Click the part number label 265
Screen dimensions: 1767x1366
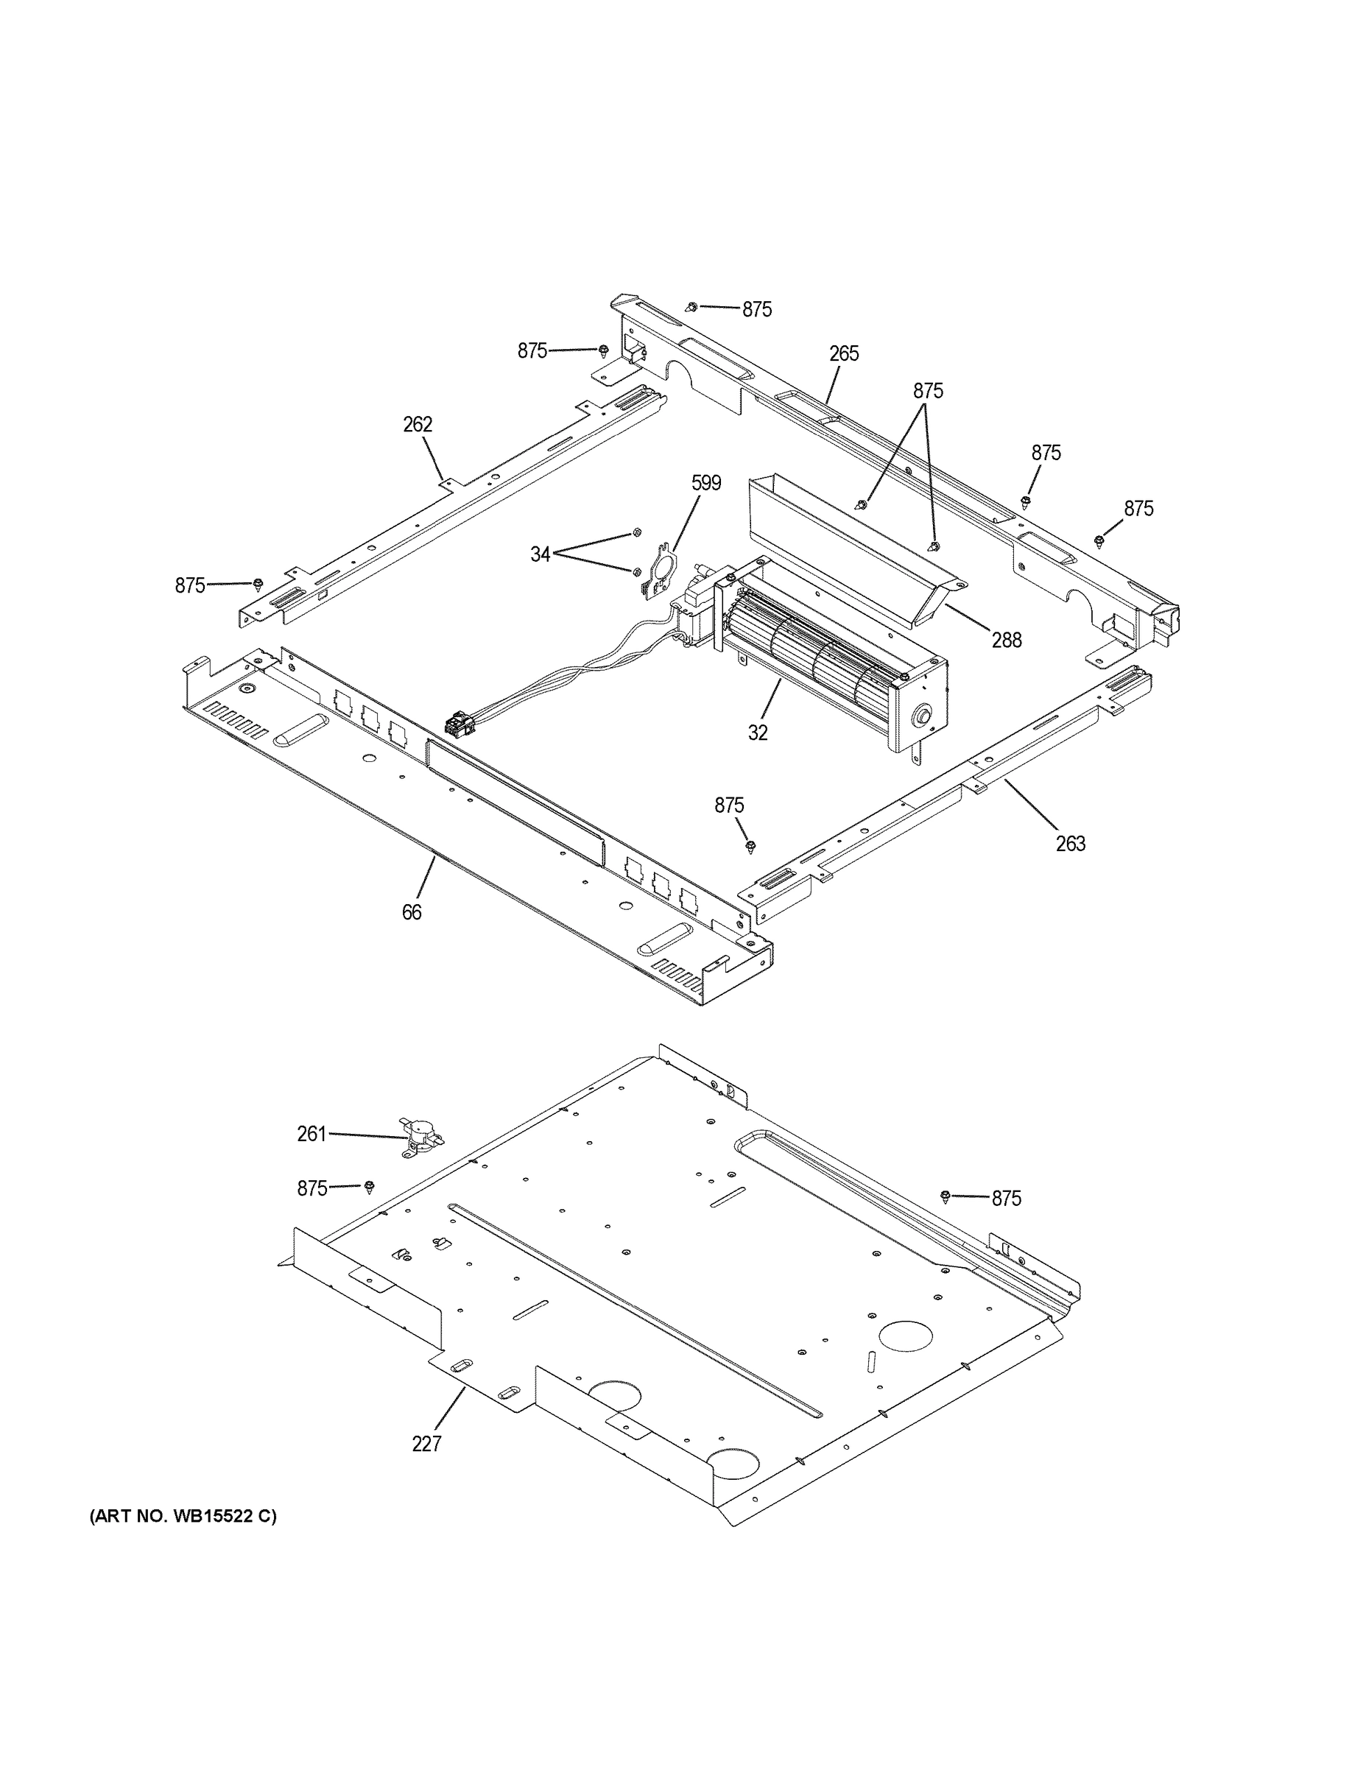(843, 353)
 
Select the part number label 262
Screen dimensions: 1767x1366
(418, 424)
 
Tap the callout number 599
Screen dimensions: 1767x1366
(705, 483)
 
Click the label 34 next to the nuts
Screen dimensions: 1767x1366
(540, 554)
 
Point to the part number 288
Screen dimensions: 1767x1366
(1007, 640)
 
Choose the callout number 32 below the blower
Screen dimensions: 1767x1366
(758, 733)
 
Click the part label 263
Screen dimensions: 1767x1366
(1070, 844)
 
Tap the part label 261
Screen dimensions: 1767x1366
(311, 1135)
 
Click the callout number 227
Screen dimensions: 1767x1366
(426, 1443)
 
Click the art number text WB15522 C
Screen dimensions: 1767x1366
(183, 1517)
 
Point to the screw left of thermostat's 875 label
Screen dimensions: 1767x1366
(370, 1187)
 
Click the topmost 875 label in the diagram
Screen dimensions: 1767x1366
(757, 309)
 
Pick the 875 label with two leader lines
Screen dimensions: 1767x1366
(928, 391)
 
